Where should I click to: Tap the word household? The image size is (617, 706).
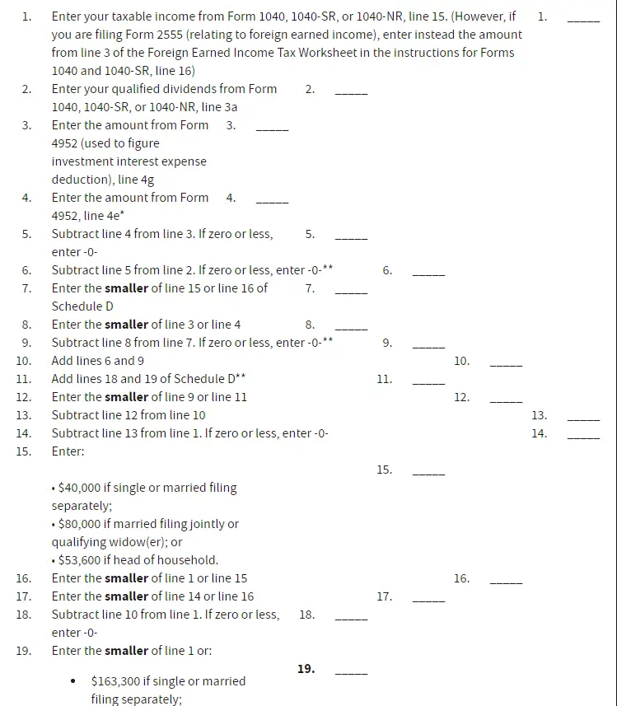click(x=189, y=560)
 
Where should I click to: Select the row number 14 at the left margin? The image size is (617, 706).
click(x=23, y=433)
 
